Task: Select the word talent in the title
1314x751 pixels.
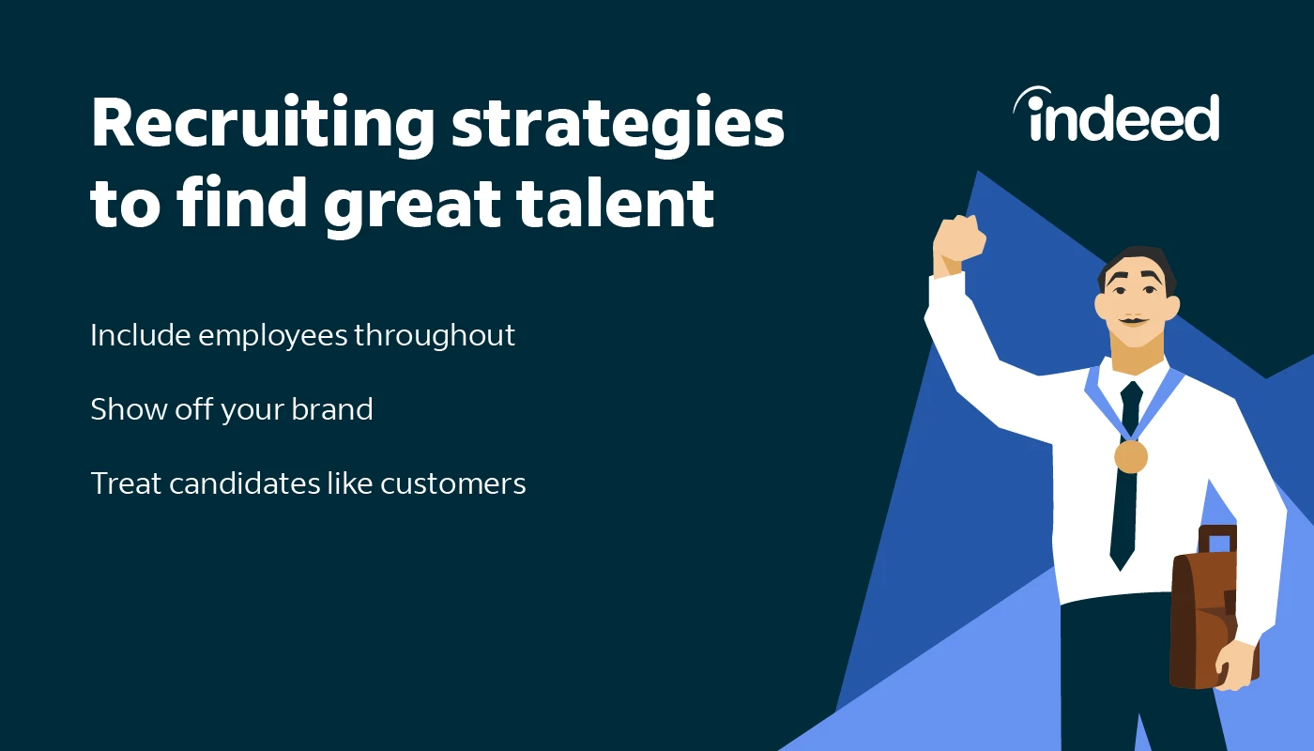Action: pyautogui.click(x=616, y=204)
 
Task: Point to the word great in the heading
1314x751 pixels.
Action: pyautogui.click(x=412, y=207)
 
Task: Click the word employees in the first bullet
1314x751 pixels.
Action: pyautogui.click(x=273, y=337)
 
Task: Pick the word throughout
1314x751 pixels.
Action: pyautogui.click(x=434, y=336)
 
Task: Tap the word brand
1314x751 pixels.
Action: pyautogui.click(x=332, y=409)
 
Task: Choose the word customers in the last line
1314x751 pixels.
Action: pyautogui.click(x=452, y=484)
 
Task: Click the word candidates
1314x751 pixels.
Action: pyautogui.click(x=245, y=483)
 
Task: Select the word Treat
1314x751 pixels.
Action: pyautogui.click(x=126, y=483)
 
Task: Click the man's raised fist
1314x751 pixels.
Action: pyautogui.click(x=958, y=243)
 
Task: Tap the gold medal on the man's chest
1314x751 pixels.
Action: pyautogui.click(x=1130, y=456)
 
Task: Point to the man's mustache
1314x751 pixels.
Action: pyautogui.click(x=1134, y=320)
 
